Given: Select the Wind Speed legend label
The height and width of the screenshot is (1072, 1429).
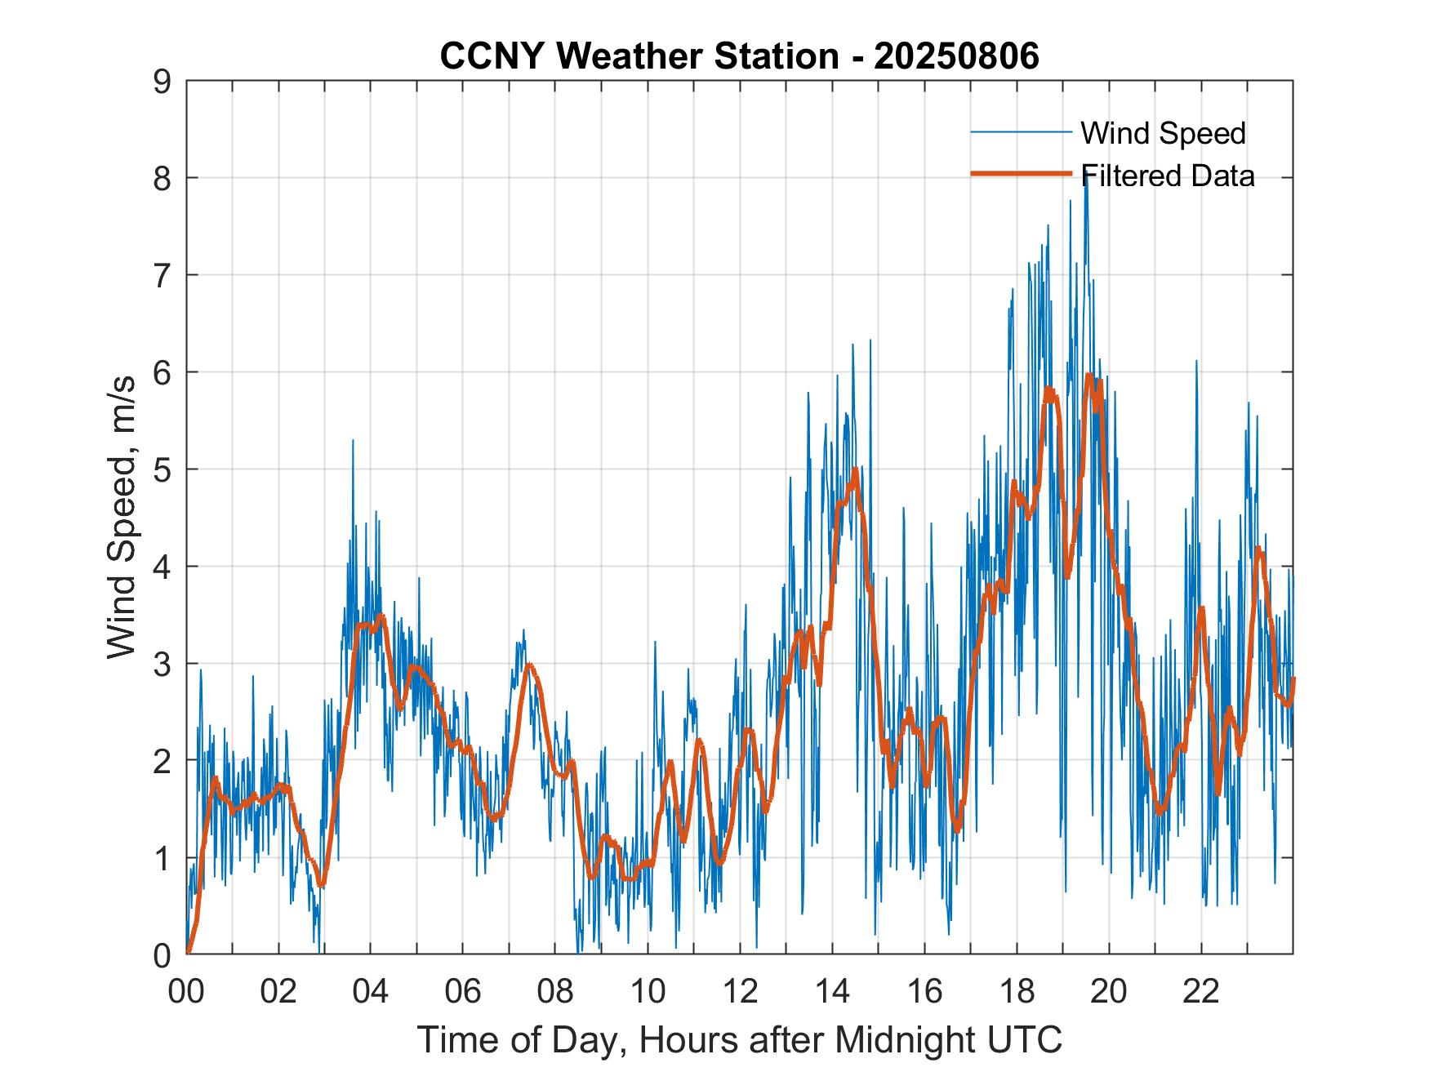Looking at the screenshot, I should pyautogui.click(x=1163, y=133).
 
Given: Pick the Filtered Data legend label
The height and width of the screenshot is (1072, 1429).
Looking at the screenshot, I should pyautogui.click(x=1168, y=176).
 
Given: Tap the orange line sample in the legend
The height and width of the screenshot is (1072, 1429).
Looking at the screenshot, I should pyautogui.click(x=1021, y=174).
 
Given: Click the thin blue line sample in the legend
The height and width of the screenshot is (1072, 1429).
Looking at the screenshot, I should pyautogui.click(x=1021, y=132).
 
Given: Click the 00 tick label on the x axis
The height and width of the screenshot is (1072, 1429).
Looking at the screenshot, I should pyautogui.click(x=186, y=992).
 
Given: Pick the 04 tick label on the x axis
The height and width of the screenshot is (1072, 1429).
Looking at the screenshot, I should pyautogui.click(x=371, y=992).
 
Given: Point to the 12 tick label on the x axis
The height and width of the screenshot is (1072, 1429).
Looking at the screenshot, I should pyautogui.click(x=740, y=992).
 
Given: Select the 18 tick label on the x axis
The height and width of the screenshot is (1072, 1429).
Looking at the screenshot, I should pyautogui.click(x=1017, y=992).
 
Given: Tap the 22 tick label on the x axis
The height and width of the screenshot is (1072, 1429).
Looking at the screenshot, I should pyautogui.click(x=1201, y=992).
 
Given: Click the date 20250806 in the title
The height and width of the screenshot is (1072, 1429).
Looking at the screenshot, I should pyautogui.click(x=956, y=56).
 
